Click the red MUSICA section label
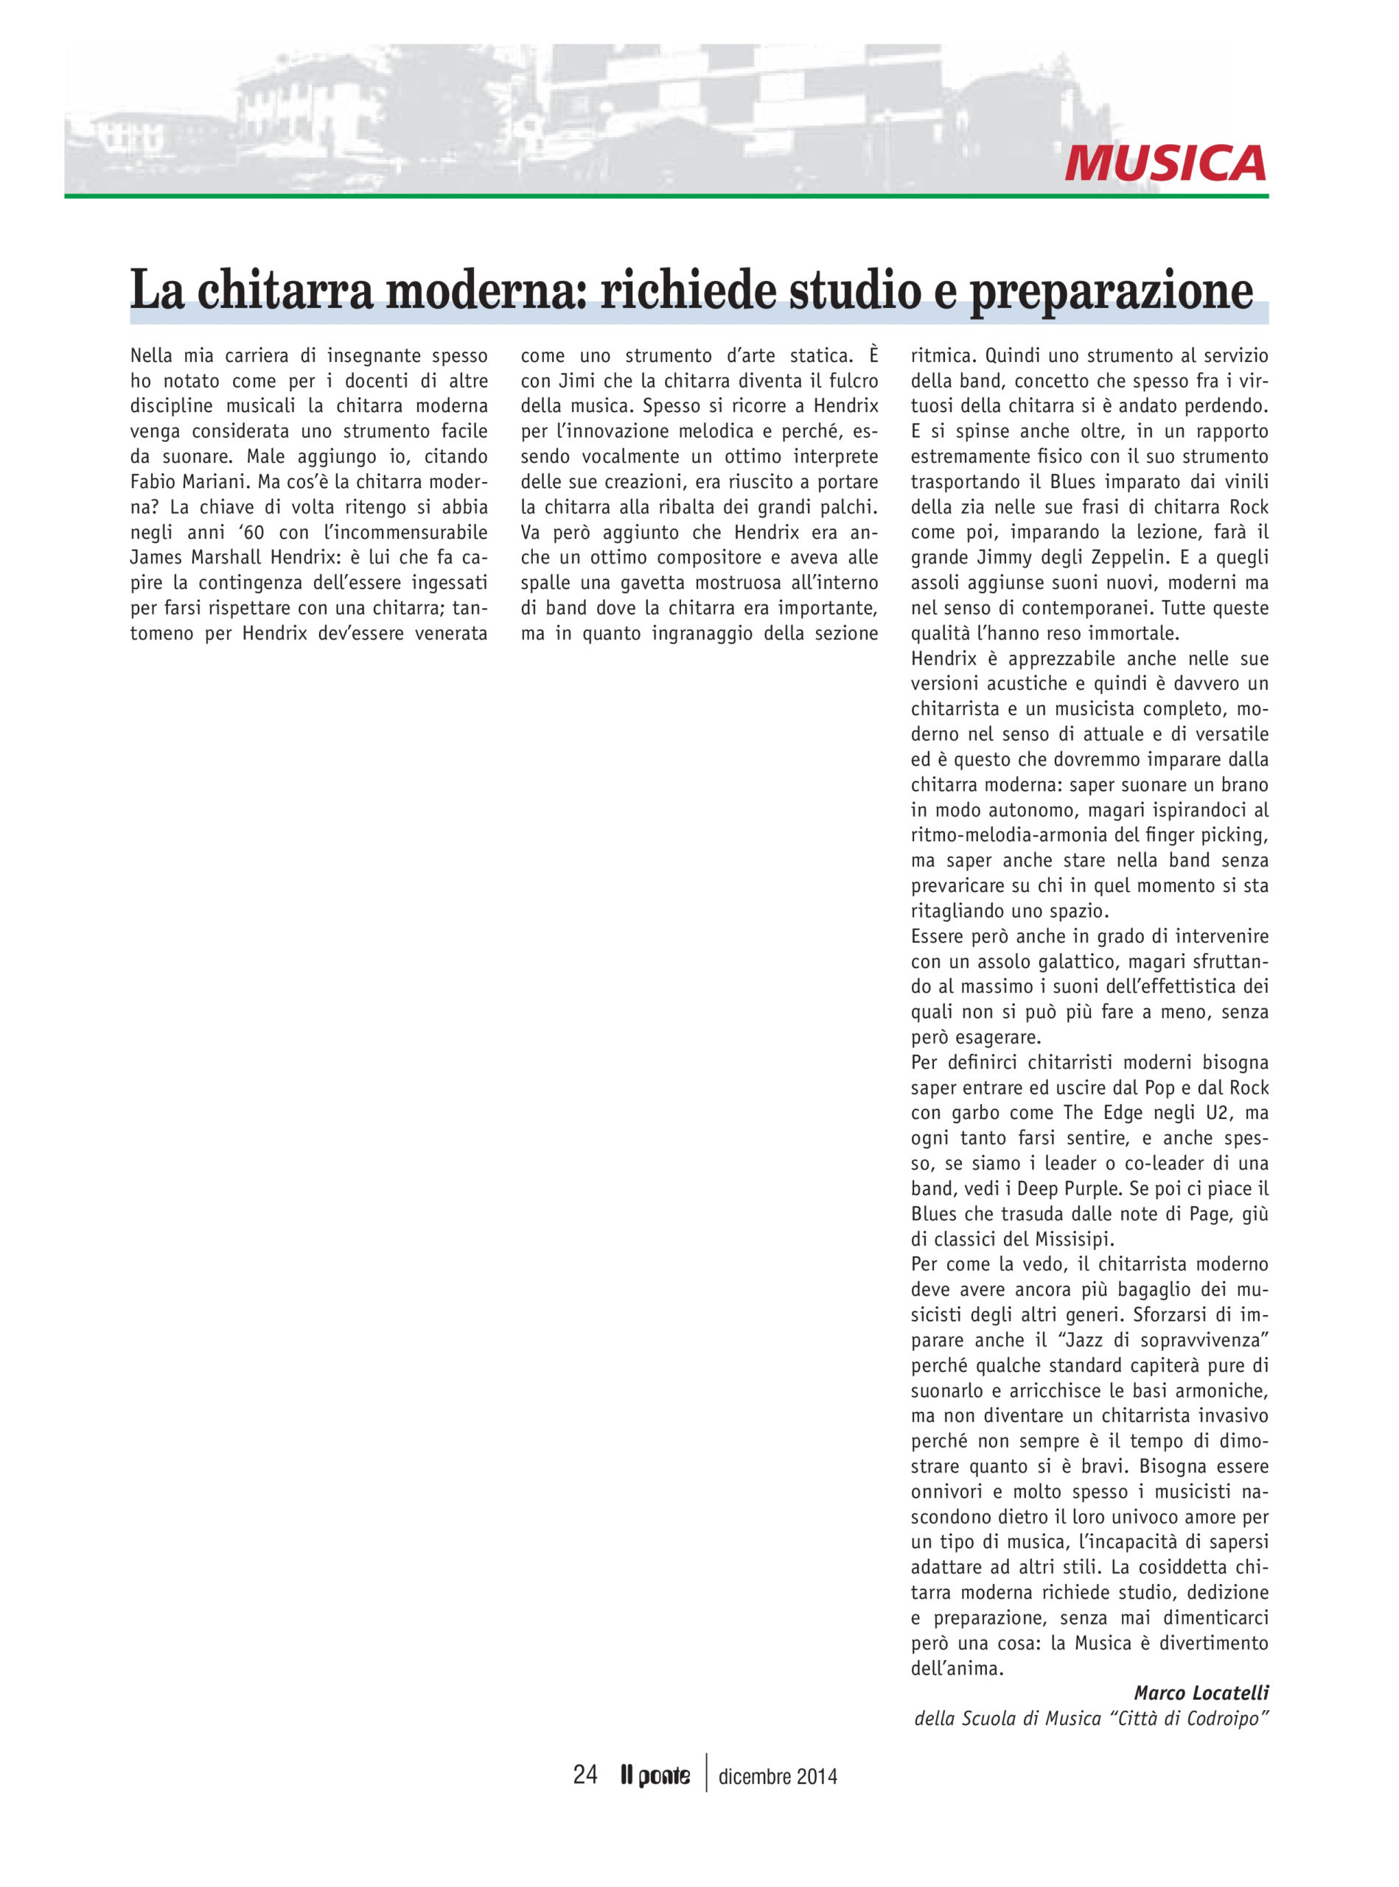click(1165, 164)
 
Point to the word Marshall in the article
click(223, 557)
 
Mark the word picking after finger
click(1232, 835)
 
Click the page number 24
click(585, 1775)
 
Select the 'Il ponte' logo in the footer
click(655, 1776)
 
